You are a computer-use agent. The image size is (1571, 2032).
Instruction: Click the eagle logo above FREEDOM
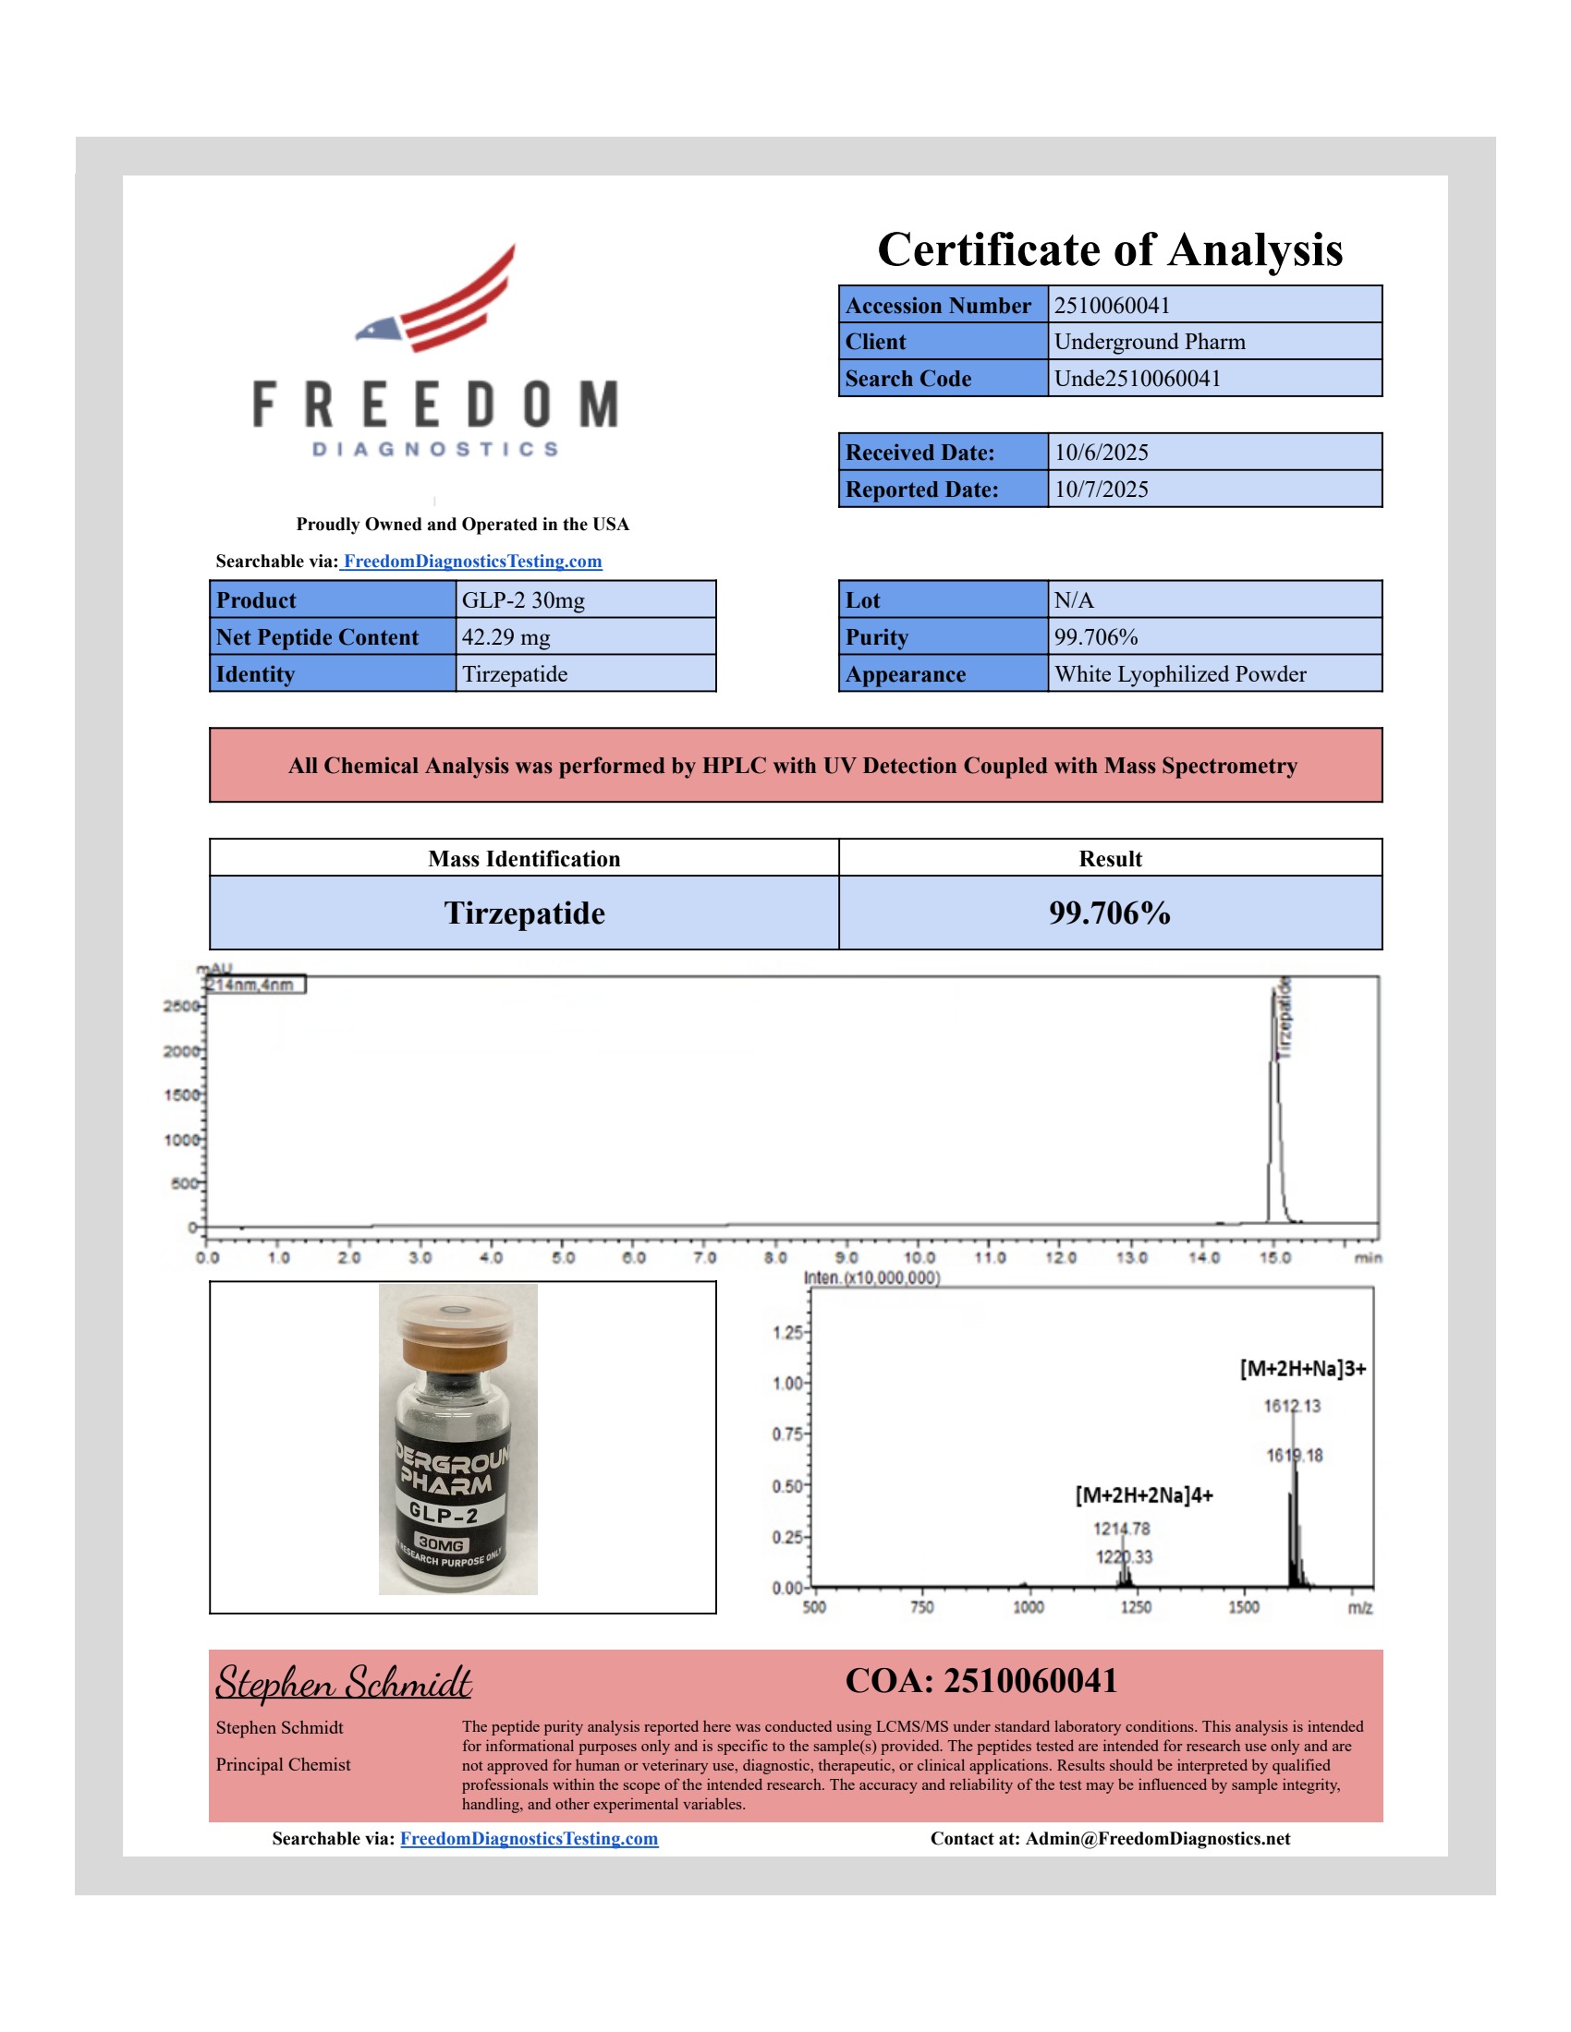(437, 299)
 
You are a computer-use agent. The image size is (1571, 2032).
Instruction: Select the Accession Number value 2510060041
(1111, 305)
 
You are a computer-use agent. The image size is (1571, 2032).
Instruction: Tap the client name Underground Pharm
(1150, 342)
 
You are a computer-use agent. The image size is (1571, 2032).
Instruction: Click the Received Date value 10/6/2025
(1101, 453)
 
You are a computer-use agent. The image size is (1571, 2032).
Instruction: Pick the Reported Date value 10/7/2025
(1101, 490)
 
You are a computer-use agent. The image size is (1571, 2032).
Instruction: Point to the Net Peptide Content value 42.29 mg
(505, 637)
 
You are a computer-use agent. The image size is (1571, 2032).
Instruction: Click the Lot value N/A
(1074, 600)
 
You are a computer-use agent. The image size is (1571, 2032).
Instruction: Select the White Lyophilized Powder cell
(1180, 674)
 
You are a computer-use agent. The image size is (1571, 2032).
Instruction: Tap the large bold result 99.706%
(1109, 913)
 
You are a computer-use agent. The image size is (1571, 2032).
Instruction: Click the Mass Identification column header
(524, 859)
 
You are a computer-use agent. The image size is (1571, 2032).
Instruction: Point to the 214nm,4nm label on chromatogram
(251, 985)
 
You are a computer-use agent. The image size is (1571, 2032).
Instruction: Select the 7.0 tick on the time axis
(704, 1258)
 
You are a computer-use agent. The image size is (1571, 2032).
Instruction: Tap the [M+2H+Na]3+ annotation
(1302, 1369)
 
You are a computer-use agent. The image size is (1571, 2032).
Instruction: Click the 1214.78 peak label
(1122, 1529)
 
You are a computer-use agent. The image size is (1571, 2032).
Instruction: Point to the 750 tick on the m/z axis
(921, 1607)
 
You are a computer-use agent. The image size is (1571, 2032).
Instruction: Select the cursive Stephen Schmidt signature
(344, 1684)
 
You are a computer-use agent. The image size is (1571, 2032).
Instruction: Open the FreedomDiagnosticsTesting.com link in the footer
(529, 1838)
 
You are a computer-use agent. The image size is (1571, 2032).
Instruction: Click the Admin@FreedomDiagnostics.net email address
(1158, 1838)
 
